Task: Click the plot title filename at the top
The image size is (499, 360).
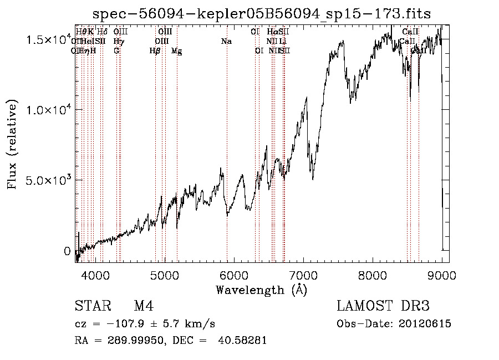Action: point(261,13)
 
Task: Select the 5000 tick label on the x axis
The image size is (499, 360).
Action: point(164,276)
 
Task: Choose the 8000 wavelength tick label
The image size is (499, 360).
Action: point(373,276)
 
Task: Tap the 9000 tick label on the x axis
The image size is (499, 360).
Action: point(442,276)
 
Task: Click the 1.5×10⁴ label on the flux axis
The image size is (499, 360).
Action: point(50,40)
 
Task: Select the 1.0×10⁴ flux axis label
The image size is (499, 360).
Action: point(50,110)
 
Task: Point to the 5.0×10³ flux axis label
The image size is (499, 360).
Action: point(50,180)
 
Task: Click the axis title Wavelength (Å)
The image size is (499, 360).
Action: point(261,290)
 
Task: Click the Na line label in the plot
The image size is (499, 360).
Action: point(226,41)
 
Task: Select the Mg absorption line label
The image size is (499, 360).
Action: point(177,51)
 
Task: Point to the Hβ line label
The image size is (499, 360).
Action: point(155,51)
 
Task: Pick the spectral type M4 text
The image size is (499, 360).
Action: point(144,306)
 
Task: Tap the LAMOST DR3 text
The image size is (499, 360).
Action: point(383,306)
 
